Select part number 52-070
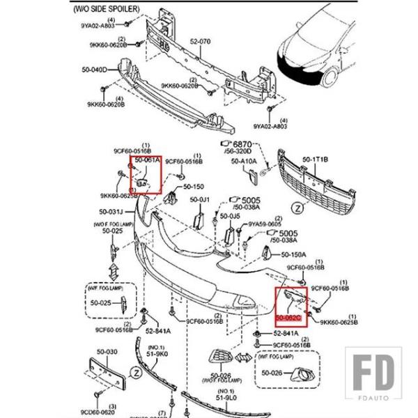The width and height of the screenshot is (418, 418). coord(201,41)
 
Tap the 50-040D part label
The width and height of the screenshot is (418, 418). coord(94,70)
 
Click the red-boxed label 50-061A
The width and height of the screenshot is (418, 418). coord(147,160)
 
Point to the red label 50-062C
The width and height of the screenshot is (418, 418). coord(287,319)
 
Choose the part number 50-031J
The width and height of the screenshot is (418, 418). coord(112,212)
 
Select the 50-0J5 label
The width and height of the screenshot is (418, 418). coord(231,217)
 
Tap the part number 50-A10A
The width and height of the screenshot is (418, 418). coord(244,161)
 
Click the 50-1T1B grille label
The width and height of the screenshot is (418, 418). coord(315,160)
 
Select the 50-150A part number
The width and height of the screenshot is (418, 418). coord(294,255)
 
